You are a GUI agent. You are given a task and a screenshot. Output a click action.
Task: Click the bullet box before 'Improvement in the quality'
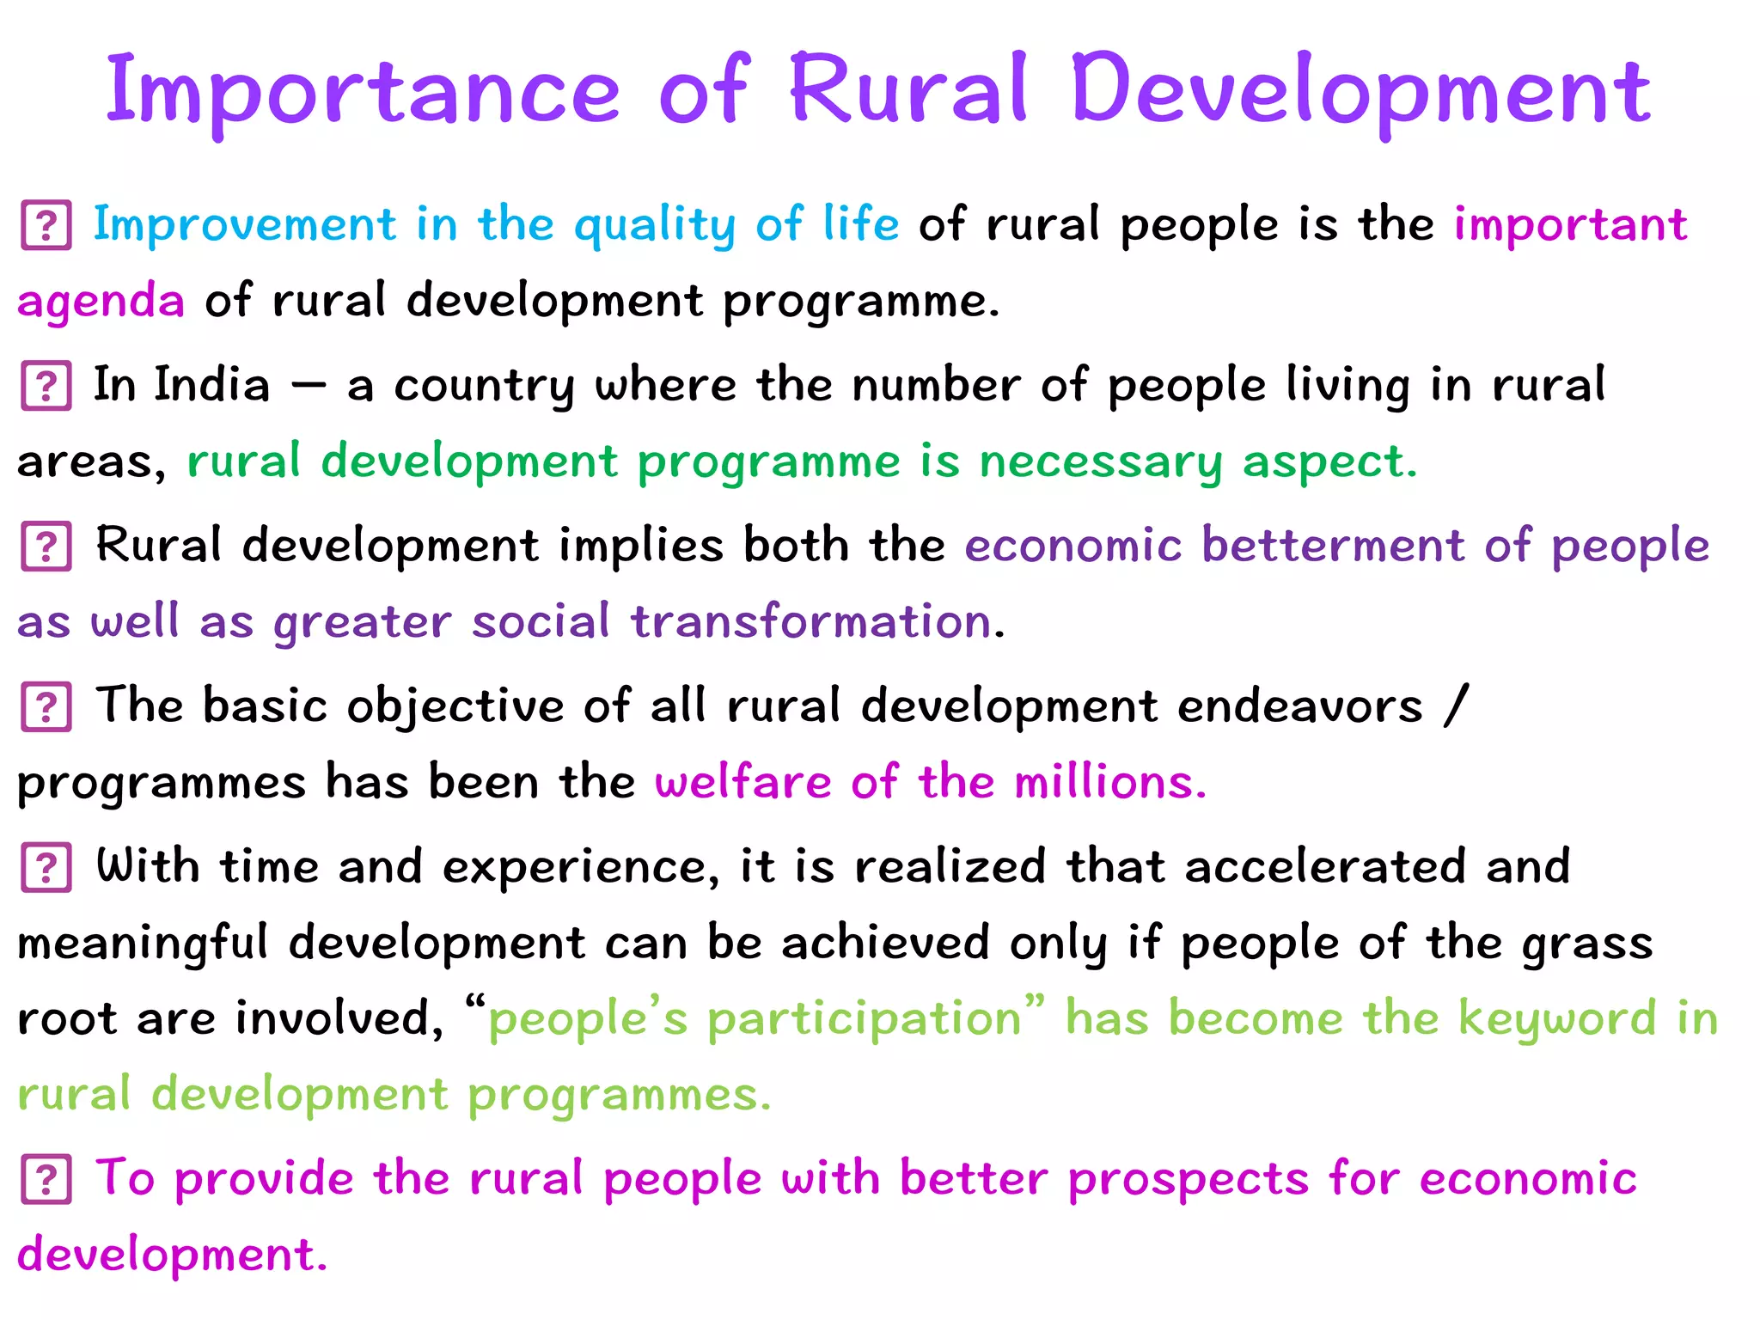pyautogui.click(x=46, y=225)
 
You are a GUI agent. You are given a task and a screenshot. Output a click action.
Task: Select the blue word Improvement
pyautogui.click(x=244, y=225)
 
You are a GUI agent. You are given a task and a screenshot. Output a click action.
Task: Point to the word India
pyautogui.click(x=211, y=384)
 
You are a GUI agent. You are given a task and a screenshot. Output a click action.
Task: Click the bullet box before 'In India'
pyautogui.click(x=46, y=386)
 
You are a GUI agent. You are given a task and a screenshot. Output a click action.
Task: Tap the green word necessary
pyautogui.click(x=1100, y=462)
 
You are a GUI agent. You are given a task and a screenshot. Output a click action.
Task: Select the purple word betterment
pyautogui.click(x=1332, y=545)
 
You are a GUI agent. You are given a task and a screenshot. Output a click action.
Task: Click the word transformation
pyautogui.click(x=811, y=621)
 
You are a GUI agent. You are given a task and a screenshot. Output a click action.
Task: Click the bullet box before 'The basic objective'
pyautogui.click(x=46, y=707)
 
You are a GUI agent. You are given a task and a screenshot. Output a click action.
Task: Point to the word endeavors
pyautogui.click(x=1299, y=706)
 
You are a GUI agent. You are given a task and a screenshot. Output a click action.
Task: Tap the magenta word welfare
pyautogui.click(x=742, y=782)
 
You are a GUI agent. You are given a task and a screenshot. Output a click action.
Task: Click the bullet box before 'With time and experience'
pyautogui.click(x=46, y=868)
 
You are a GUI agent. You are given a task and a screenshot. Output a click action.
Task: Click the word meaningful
pyautogui.click(x=143, y=944)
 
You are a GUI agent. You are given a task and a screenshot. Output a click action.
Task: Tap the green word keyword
pyautogui.click(x=1556, y=1019)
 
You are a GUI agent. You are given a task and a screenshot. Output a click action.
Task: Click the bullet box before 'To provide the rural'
pyautogui.click(x=46, y=1180)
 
